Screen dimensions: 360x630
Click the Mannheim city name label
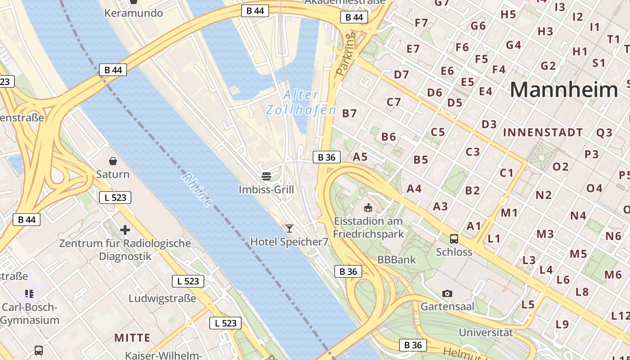(x=564, y=90)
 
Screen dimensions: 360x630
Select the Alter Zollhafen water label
(x=301, y=102)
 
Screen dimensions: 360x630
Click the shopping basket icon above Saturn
(x=112, y=161)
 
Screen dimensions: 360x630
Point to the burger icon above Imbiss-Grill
(x=266, y=176)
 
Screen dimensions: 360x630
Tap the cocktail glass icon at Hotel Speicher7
(x=289, y=228)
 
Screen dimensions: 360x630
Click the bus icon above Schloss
(x=454, y=238)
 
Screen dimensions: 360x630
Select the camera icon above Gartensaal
(x=447, y=293)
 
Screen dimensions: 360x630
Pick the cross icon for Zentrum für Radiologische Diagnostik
(x=125, y=230)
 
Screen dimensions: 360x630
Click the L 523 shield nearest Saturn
(x=115, y=197)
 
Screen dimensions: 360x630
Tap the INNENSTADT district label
(x=543, y=133)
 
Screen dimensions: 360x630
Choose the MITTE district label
(x=132, y=337)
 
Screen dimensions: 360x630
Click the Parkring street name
(x=346, y=53)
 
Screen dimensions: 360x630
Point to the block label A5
(x=360, y=157)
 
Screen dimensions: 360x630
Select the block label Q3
(x=604, y=133)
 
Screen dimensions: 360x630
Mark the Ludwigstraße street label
(x=162, y=298)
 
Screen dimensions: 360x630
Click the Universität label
(x=486, y=333)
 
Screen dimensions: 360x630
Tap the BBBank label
(x=396, y=260)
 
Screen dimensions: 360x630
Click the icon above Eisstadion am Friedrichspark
(x=368, y=207)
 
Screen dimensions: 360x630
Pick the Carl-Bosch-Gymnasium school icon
(x=30, y=294)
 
